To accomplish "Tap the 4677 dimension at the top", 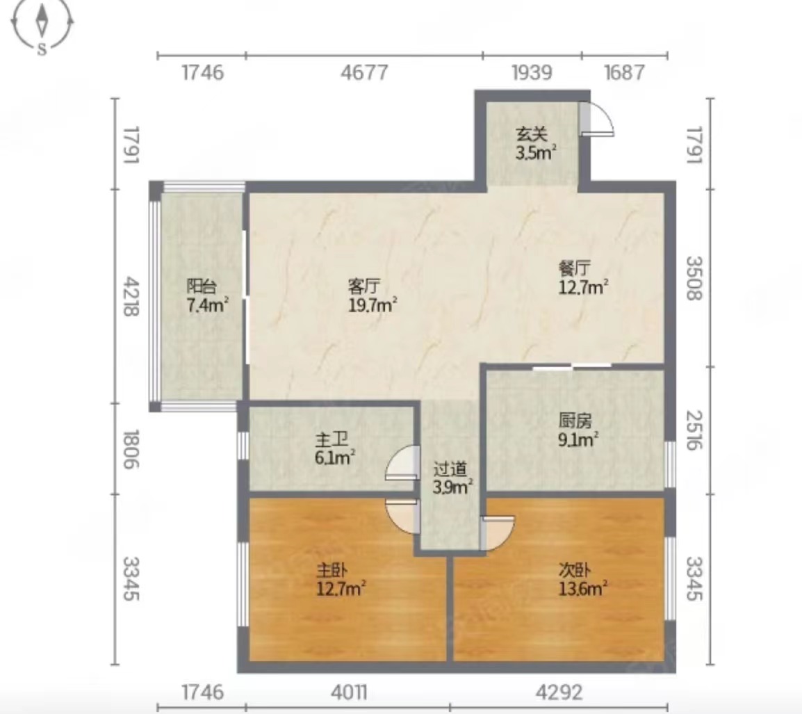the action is click(x=365, y=73).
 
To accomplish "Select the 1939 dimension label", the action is click(x=532, y=73).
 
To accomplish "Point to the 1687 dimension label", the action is click(x=625, y=73).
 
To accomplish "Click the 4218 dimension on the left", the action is click(x=131, y=296).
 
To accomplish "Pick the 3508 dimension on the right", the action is click(x=694, y=278).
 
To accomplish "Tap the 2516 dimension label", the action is click(x=694, y=430).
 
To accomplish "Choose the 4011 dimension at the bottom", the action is click(x=349, y=692).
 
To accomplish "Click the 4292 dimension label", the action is click(x=559, y=692).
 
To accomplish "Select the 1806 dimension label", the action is click(x=131, y=449).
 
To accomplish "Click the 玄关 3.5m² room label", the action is click(x=535, y=143).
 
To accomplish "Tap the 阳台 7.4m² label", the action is click(x=206, y=295).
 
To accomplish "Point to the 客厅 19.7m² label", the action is click(x=373, y=295).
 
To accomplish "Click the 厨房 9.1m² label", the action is click(x=578, y=430).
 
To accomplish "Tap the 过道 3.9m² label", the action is click(x=452, y=478).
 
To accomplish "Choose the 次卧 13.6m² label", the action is click(x=582, y=579).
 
